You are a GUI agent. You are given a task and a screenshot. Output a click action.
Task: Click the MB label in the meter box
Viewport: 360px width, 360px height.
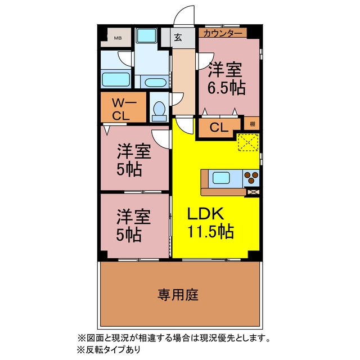pyautogui.click(x=118, y=38)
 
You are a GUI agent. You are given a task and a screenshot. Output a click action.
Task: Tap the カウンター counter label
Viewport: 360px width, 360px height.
pyautogui.click(x=223, y=34)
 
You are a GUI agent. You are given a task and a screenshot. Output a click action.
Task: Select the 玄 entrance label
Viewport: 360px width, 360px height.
pyautogui.click(x=178, y=38)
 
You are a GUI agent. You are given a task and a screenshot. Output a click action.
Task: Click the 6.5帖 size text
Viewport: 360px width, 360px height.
pyautogui.click(x=227, y=88)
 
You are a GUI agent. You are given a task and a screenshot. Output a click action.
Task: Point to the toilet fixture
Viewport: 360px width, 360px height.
pyautogui.click(x=159, y=111)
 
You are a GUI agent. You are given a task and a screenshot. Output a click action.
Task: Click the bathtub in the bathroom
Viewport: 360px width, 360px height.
pyautogui.click(x=115, y=80)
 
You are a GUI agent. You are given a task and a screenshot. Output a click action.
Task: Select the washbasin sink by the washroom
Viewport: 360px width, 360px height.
pyautogui.click(x=156, y=83)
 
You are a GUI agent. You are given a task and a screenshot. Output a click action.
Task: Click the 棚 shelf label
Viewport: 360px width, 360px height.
pyautogui.click(x=253, y=124)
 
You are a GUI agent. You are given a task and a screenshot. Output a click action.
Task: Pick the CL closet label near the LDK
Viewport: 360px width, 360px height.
pyautogui.click(x=219, y=127)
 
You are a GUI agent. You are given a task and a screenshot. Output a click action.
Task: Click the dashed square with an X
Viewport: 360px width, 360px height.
pyautogui.click(x=248, y=142)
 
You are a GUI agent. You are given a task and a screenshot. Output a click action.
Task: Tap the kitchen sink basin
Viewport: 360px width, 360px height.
pyautogui.click(x=221, y=178)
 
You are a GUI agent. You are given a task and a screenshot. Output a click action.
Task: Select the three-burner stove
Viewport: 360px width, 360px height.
pyautogui.click(x=251, y=178)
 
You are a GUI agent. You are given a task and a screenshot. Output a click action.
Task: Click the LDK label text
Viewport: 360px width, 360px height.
pyautogui.click(x=205, y=214)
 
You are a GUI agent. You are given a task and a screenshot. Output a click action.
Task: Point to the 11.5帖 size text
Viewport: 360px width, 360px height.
pyautogui.click(x=211, y=231)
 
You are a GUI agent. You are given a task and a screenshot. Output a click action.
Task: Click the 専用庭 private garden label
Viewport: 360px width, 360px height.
pyautogui.click(x=178, y=295)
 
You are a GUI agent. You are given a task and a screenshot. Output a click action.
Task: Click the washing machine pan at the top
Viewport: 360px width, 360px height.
pyautogui.click(x=146, y=35)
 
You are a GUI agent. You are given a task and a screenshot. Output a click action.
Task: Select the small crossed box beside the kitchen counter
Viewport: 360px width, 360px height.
pyautogui.click(x=253, y=192)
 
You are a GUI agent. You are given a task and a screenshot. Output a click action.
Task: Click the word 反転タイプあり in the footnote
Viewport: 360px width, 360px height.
pyautogui.click(x=112, y=349)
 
